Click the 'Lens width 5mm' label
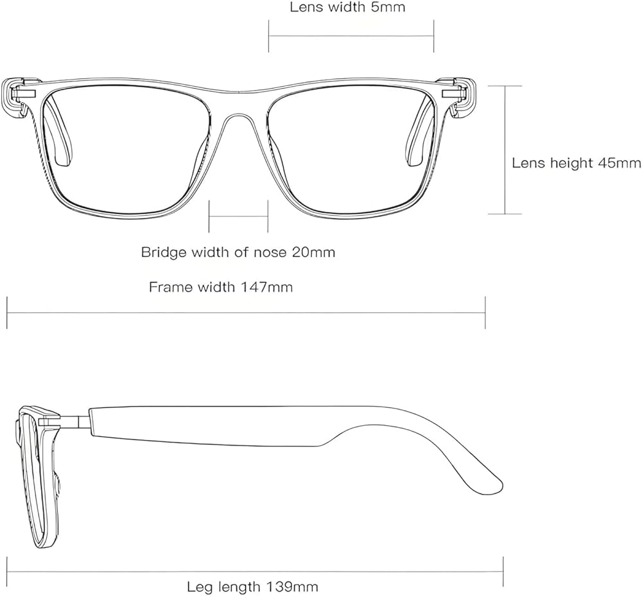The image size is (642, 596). point(347,7)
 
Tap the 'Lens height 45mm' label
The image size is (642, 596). point(577,163)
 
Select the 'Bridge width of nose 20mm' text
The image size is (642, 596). point(238,252)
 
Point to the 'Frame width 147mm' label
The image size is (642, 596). point(221,286)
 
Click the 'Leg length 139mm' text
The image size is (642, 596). point(252,586)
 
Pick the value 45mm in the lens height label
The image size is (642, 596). point(620,163)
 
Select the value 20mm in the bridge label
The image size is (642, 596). point(313,252)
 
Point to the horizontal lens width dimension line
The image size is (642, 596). point(351,36)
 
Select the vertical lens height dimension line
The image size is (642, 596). point(505,150)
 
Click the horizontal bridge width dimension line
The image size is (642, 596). point(238,216)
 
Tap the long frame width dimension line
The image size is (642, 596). point(246,313)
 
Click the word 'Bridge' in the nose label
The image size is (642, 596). point(162,252)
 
